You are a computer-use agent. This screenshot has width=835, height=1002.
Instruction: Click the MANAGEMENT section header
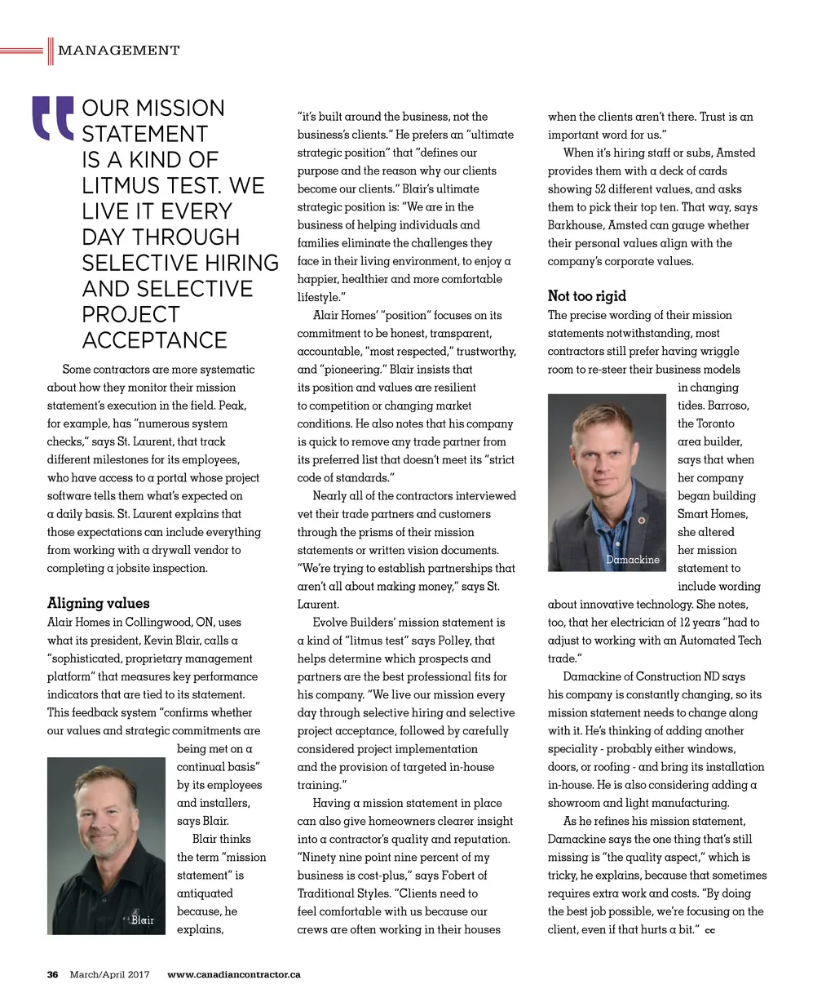click(118, 51)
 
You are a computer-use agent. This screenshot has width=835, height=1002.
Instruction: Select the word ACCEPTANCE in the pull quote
click(154, 340)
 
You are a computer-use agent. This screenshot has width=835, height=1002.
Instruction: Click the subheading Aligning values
click(99, 604)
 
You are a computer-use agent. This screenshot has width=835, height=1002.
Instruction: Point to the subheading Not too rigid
click(587, 296)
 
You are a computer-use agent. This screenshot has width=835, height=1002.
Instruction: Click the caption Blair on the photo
click(143, 920)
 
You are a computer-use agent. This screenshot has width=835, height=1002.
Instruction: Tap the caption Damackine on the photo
click(633, 560)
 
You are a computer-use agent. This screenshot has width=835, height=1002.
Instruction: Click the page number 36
click(53, 974)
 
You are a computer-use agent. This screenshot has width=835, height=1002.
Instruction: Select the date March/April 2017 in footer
click(109, 974)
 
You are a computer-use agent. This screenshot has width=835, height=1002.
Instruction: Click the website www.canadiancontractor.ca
click(233, 974)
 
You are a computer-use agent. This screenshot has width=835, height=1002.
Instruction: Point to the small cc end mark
click(709, 931)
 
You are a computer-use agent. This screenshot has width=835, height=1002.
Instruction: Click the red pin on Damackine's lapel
click(642, 520)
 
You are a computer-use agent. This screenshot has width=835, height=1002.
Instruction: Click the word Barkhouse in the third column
click(575, 225)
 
